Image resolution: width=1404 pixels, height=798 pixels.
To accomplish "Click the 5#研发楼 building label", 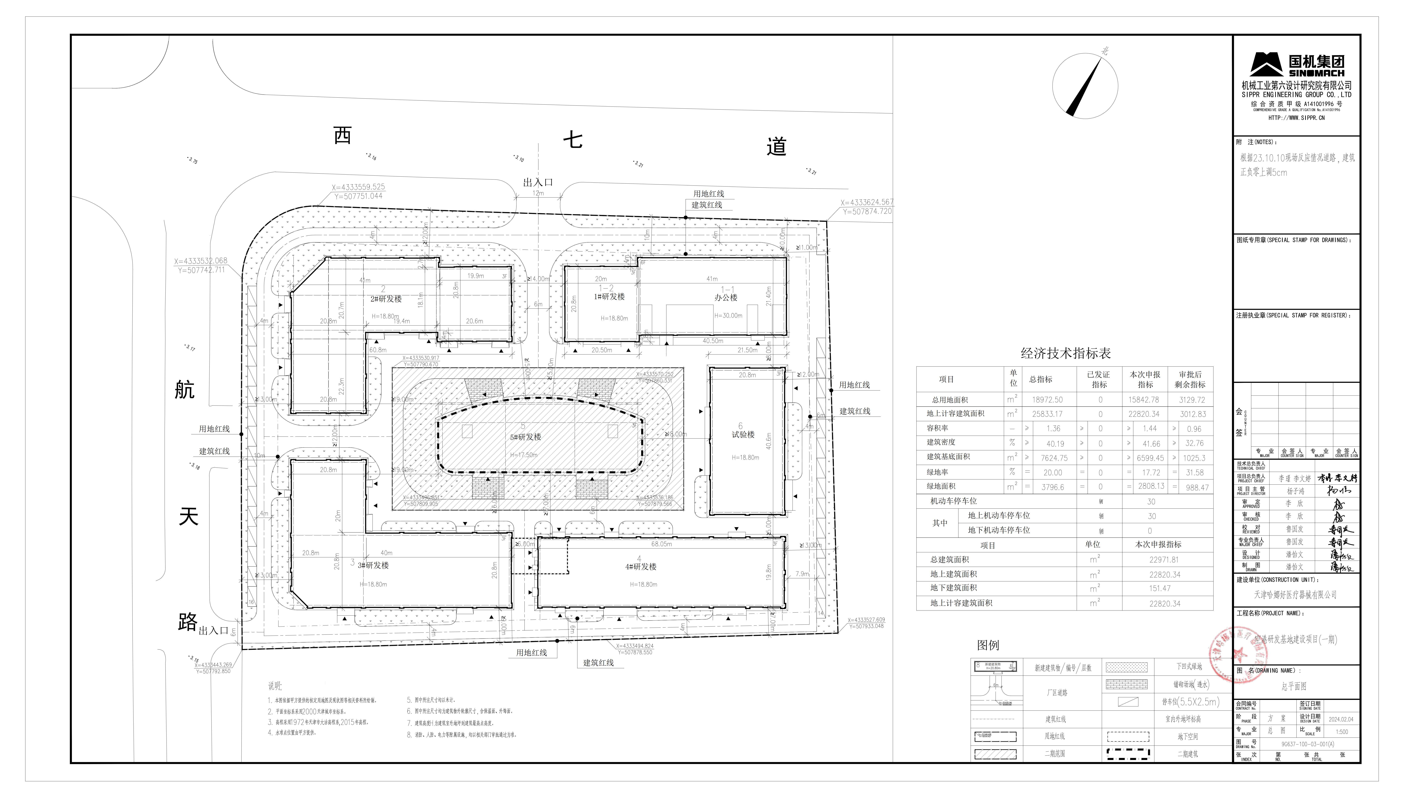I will [x=525, y=437].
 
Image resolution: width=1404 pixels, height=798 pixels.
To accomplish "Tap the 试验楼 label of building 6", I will [x=743, y=435].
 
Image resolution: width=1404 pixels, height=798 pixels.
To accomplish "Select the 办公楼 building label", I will [x=726, y=298].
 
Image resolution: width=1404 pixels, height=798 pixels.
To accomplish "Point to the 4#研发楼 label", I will [x=640, y=567].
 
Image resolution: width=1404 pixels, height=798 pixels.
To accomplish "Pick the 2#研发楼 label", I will [x=386, y=299].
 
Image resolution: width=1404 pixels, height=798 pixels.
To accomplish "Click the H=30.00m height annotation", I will [x=728, y=316].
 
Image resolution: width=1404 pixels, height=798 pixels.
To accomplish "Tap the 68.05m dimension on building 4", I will [x=661, y=544].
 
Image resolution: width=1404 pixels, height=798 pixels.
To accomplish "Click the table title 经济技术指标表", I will [x=1065, y=353].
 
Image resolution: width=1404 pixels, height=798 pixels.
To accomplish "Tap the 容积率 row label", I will [x=937, y=428].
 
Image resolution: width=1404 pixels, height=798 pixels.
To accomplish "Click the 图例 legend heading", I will [x=988, y=645].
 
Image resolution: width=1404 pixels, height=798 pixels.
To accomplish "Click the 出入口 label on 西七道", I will [x=538, y=183].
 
